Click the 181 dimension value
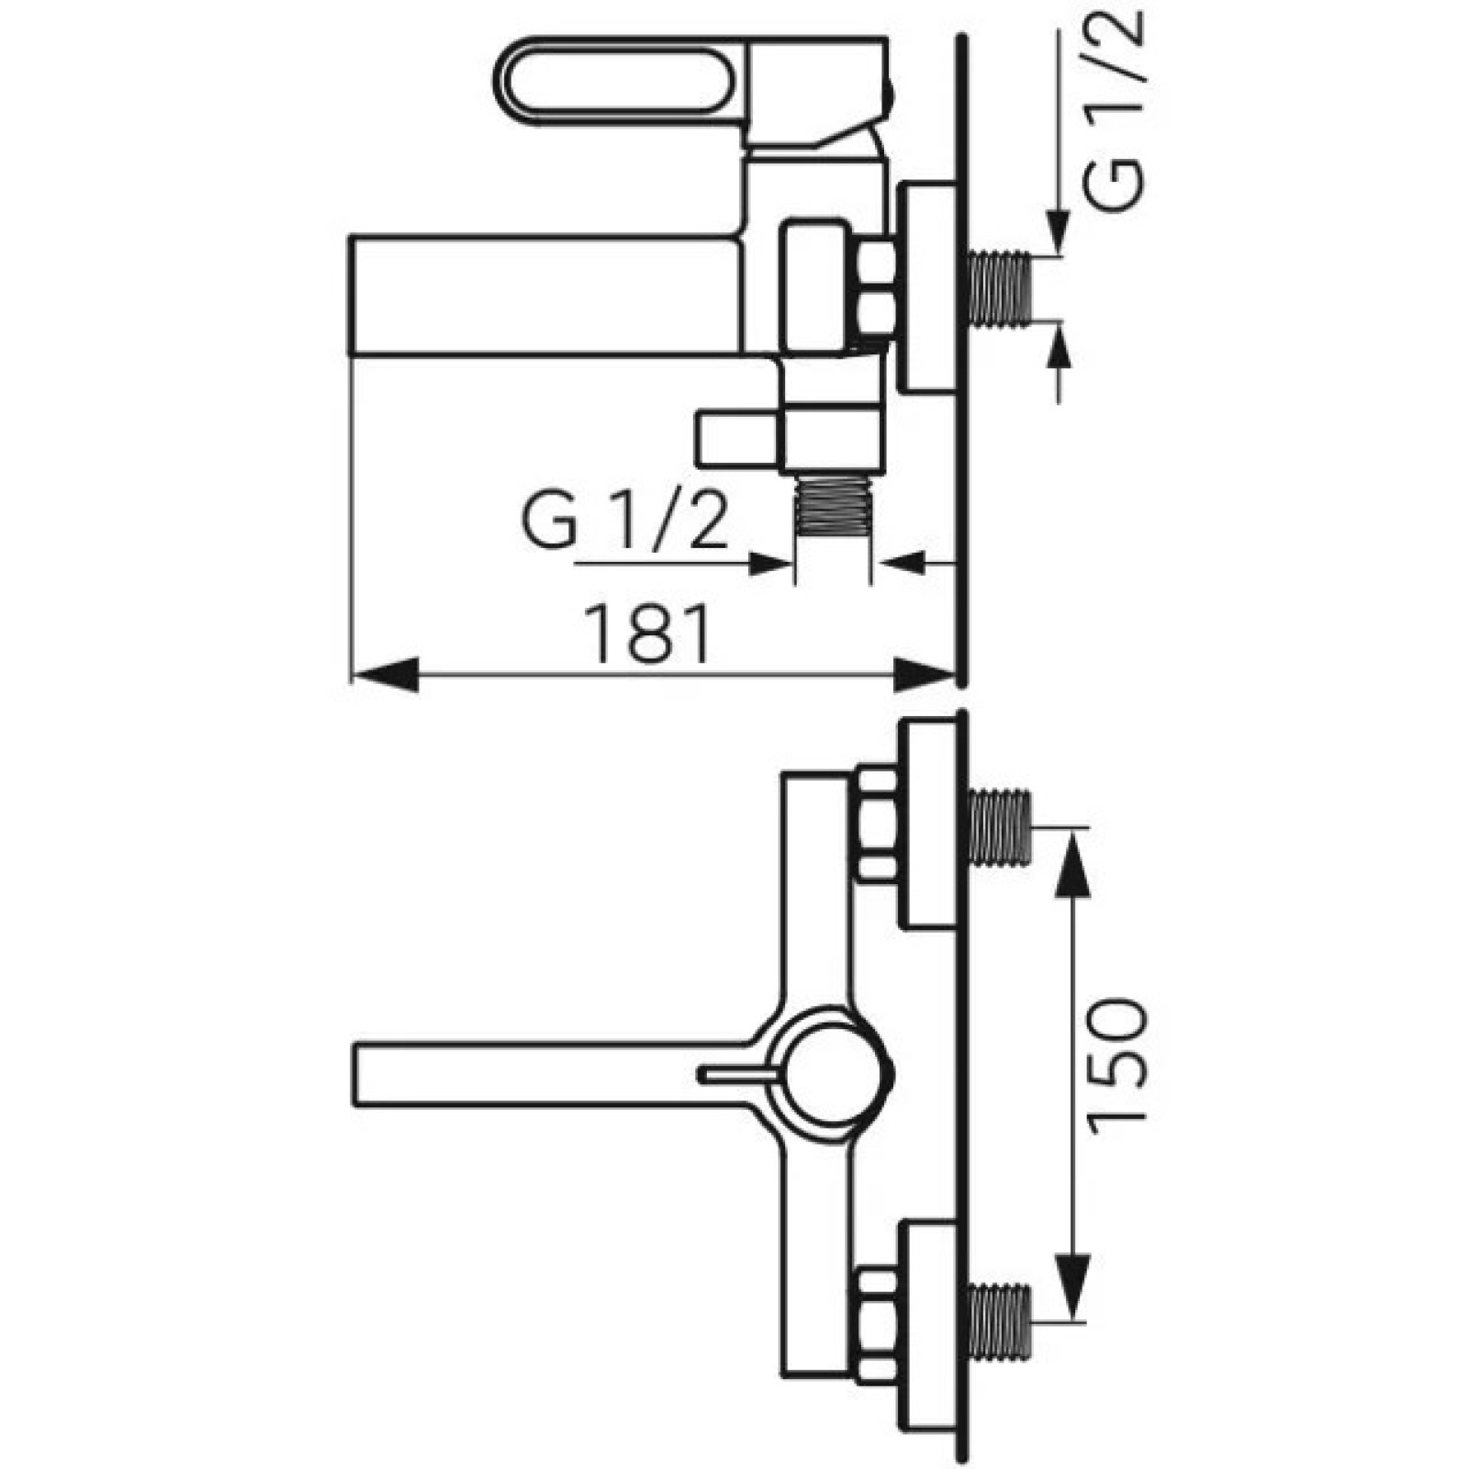[x=651, y=634]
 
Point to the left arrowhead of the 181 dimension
[x=385, y=675]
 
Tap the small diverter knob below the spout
[x=740, y=440]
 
